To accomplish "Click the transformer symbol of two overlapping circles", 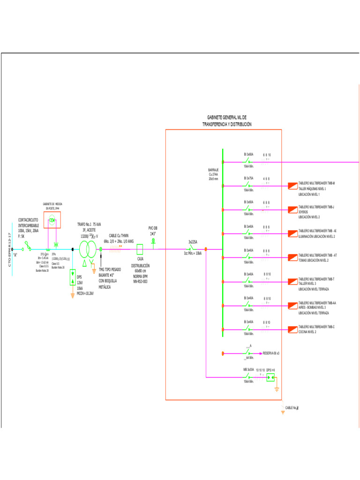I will [x=87, y=250].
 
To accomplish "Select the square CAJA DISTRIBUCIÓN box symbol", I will [x=140, y=249].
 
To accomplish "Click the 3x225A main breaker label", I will [x=193, y=242].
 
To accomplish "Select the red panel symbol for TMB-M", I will [x=292, y=186].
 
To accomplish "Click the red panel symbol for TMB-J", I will [x=292, y=210].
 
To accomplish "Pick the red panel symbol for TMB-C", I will [x=292, y=329].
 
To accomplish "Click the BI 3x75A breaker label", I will [x=248, y=178].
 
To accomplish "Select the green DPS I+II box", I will [x=270, y=377].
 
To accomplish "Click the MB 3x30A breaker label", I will [x=248, y=370].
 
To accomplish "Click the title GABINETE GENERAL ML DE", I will [x=227, y=117].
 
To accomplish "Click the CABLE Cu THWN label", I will [x=119, y=235].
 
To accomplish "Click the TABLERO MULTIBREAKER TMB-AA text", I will [x=317, y=303].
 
